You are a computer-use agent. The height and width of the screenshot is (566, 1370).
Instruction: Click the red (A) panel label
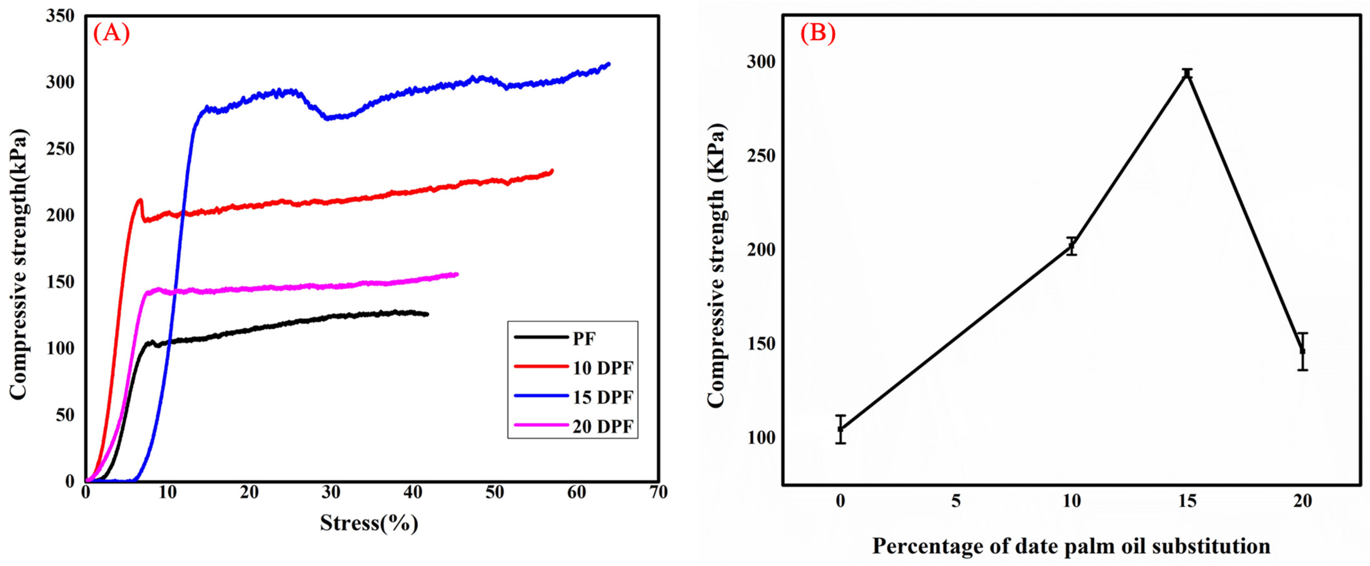[111, 34]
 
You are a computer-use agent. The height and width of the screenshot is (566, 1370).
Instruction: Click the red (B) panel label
[818, 34]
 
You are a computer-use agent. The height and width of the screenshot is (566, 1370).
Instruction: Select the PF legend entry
[584, 338]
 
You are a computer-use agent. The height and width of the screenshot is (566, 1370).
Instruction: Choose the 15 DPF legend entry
[603, 397]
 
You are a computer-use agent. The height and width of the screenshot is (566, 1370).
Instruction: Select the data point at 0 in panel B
[840, 429]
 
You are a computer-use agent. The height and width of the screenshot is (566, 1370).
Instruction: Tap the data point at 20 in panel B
[1302, 351]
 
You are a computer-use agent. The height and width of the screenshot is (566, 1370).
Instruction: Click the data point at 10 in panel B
[1072, 246]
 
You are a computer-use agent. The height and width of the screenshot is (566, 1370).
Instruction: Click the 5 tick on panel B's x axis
[956, 501]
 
